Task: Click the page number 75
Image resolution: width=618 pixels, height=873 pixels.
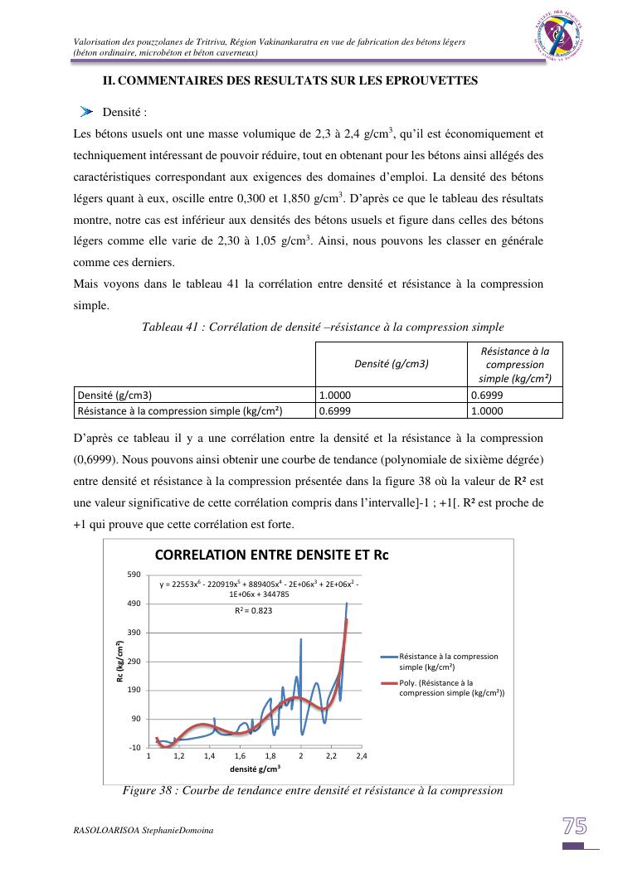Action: (575, 826)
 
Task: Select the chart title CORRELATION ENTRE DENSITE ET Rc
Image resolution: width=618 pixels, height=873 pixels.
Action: (272, 555)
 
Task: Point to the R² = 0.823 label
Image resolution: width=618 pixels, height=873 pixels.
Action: (252, 610)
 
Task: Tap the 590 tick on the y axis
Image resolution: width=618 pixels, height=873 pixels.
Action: (134, 575)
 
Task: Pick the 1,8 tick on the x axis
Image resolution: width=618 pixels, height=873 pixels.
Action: (270, 757)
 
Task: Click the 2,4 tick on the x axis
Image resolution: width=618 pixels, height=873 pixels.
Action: (362, 757)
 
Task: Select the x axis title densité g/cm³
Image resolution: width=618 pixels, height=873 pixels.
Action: (255, 769)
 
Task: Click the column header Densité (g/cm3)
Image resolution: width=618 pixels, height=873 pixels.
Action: (391, 363)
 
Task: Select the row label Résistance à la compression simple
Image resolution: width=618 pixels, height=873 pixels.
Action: (180, 410)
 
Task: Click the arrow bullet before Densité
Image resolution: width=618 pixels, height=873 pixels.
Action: (86, 112)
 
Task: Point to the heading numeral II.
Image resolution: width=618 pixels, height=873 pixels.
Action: (108, 80)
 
